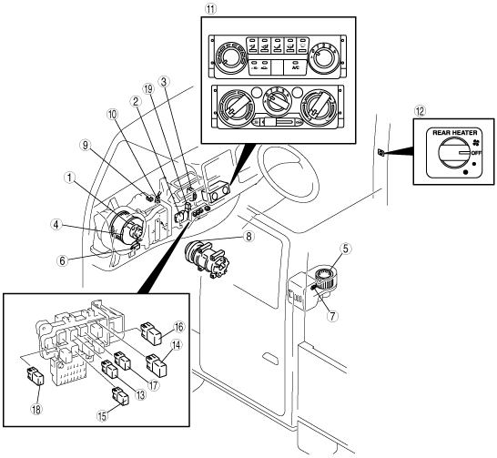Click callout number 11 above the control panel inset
[211, 9]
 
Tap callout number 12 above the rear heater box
[421, 111]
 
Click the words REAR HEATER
[455, 133]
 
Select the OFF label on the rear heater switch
[476, 153]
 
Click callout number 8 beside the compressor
[248, 236]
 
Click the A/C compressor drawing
[208, 259]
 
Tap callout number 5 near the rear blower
[346, 249]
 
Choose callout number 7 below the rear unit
[333, 316]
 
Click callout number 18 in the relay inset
[36, 409]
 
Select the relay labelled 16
[152, 333]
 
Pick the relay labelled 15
[120, 396]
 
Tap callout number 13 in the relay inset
[140, 394]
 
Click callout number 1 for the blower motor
[69, 178]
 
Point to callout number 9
[85, 146]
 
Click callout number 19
[148, 89]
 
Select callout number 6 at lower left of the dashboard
[63, 260]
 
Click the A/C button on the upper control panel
[296, 67]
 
